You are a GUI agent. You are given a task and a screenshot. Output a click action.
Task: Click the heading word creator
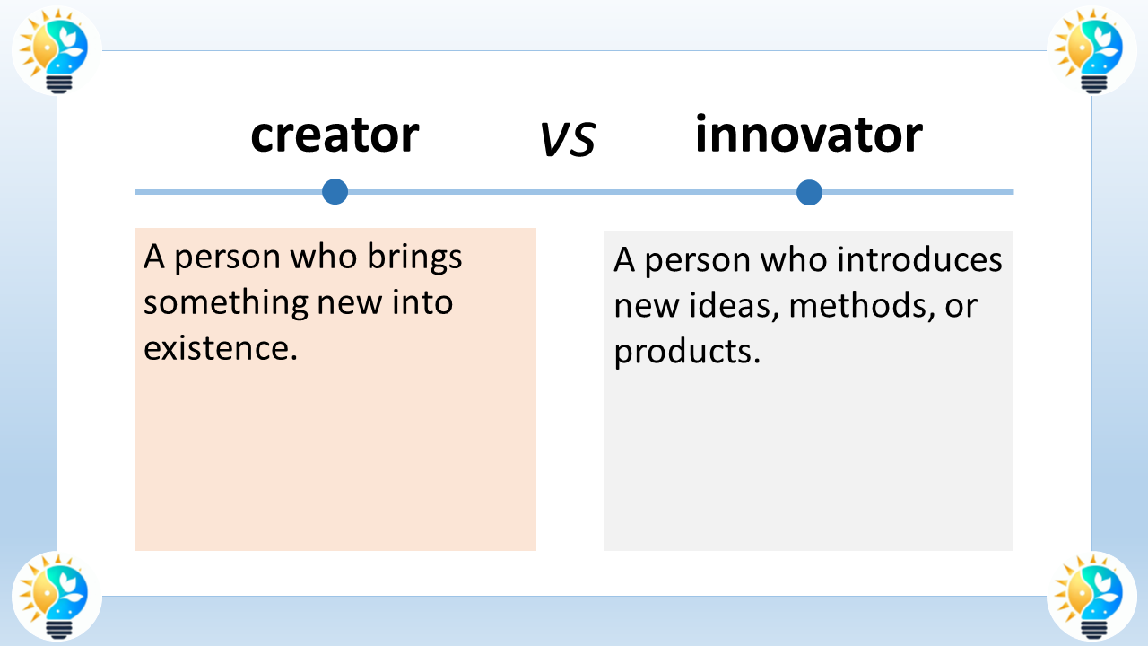[335, 135]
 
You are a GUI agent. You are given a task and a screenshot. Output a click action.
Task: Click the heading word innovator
[808, 135]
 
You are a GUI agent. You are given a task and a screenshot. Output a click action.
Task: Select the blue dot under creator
[335, 191]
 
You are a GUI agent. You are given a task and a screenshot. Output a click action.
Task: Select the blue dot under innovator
[809, 192]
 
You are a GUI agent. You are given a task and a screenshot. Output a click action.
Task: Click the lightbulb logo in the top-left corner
[57, 49]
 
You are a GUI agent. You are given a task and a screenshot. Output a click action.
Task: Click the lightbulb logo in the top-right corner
[1091, 49]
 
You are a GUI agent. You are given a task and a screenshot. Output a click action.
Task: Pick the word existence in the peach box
[220, 348]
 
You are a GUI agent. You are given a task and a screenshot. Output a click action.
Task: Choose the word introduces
[919, 261]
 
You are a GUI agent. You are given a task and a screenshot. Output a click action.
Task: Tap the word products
[686, 352]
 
